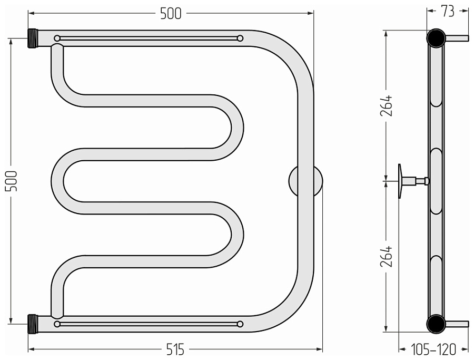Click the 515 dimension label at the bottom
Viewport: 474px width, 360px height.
click(175, 350)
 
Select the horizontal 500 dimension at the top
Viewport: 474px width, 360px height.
click(171, 14)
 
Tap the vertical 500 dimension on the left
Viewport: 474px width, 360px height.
click(12, 181)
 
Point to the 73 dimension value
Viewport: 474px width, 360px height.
click(448, 12)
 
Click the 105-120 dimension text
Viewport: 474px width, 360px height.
click(433, 349)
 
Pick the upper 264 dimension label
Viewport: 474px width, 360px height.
click(387, 105)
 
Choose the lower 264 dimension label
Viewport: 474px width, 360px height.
click(387, 256)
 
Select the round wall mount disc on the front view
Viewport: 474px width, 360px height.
click(305, 181)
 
